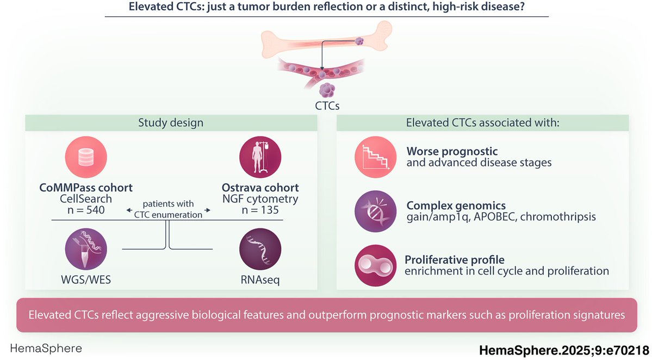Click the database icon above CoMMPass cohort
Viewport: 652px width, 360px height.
coord(85,157)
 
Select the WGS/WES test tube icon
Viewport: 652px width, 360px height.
coord(85,249)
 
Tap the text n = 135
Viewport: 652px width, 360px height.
coord(260,210)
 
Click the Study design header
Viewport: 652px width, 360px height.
coord(171,123)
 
